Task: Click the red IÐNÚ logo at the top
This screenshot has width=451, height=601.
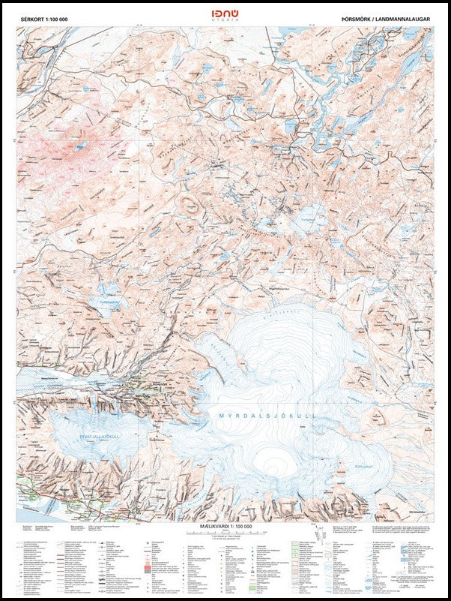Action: (225, 14)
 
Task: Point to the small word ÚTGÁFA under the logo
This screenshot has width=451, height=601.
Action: (225, 24)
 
